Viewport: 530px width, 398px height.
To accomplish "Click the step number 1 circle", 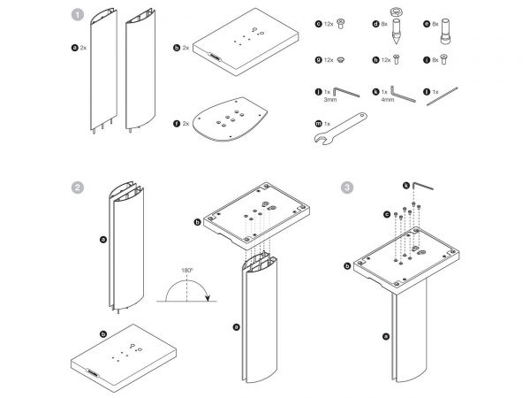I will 79,15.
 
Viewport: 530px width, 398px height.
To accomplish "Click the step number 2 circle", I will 79,188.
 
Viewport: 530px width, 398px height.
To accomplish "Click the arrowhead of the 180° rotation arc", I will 208,299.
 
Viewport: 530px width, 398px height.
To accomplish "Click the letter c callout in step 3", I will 386,215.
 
